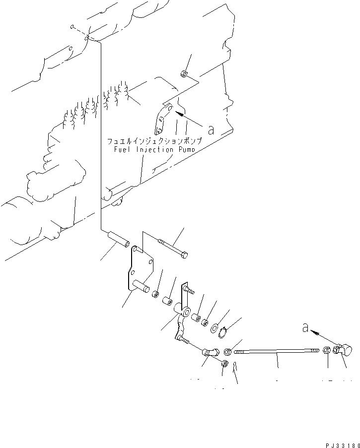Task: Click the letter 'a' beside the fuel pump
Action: coord(211,130)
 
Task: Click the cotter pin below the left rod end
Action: coord(236,369)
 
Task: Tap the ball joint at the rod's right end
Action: coord(342,350)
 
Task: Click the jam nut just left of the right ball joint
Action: coord(327,350)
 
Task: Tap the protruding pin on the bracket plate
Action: coord(142,286)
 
